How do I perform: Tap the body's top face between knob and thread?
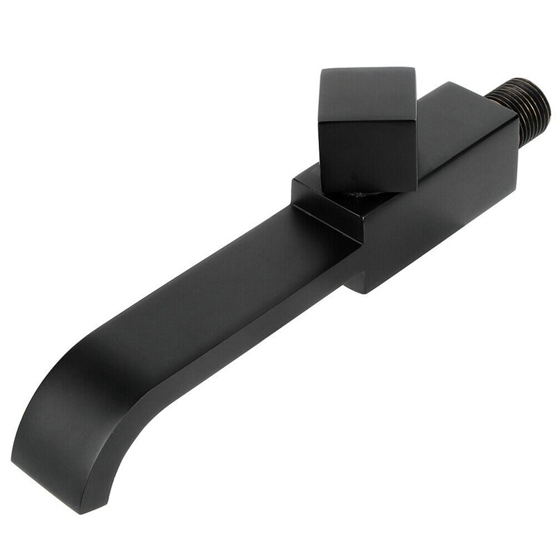452,104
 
